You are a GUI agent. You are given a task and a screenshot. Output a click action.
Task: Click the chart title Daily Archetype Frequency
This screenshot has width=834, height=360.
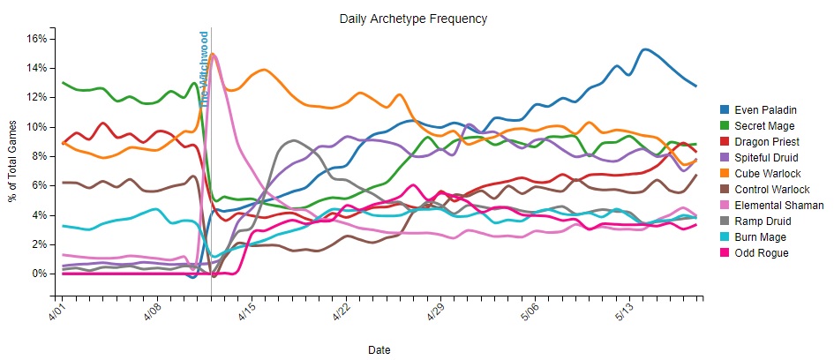[413, 19]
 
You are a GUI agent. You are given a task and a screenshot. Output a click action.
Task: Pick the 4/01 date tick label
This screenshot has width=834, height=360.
[56, 313]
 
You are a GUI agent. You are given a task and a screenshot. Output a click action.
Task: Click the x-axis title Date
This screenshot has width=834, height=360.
[379, 350]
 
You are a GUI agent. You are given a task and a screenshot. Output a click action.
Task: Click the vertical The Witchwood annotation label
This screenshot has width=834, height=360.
[204, 69]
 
